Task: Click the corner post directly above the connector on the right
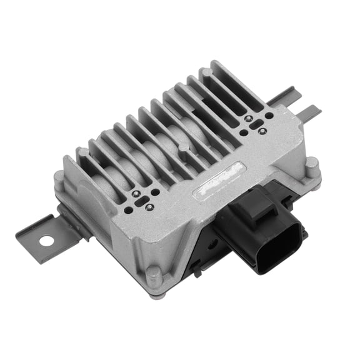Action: point(312,165)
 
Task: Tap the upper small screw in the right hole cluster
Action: point(249,118)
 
